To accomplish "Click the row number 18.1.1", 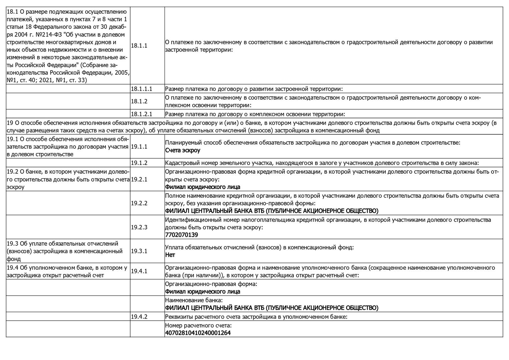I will [x=139, y=46].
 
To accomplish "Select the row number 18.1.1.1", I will [x=142, y=89].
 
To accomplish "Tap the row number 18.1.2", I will [x=139, y=101].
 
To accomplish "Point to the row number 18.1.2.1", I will [x=142, y=114].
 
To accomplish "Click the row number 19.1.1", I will [x=139, y=146].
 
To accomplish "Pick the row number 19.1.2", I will [x=139, y=163].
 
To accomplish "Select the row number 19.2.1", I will [x=139, y=179].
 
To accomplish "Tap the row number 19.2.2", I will [x=139, y=203].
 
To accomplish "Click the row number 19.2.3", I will [x=139, y=227].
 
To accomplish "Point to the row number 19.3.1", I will [x=139, y=251].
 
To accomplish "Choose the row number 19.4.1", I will [x=139, y=271].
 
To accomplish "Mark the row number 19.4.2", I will [x=139, y=317].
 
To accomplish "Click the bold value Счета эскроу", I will [x=183, y=150].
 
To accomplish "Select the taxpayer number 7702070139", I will [x=182, y=235].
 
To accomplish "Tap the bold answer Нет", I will [x=170, y=255].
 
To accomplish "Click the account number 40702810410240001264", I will [x=198, y=333].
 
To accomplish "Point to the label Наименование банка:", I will [x=189, y=300].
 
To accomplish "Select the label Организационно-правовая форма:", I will [x=211, y=284].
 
